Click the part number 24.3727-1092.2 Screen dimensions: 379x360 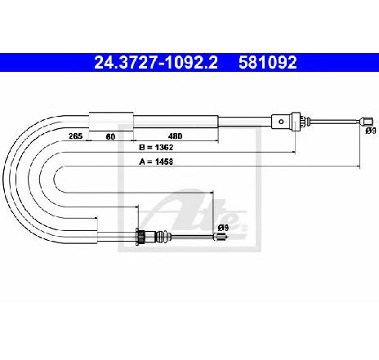tap(156, 62)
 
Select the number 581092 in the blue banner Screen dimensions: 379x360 tap(268, 62)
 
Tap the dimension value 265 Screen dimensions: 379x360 tap(75, 136)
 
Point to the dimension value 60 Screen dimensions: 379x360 tap(110, 136)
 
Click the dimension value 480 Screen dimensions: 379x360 tap(175, 136)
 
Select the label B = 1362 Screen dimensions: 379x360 tap(156, 148)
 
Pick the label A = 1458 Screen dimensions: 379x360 tap(156, 162)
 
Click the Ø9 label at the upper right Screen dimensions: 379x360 tap(371, 131)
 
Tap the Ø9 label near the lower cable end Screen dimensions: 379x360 tap(223, 227)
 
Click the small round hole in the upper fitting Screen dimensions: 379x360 tap(282, 122)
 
